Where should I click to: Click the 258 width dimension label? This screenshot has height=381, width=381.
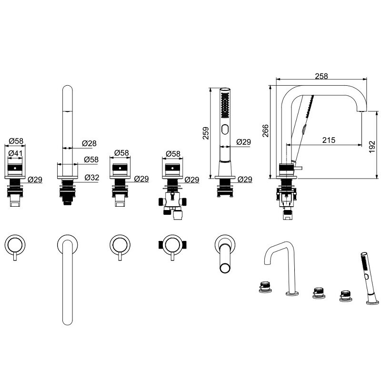click(321, 76)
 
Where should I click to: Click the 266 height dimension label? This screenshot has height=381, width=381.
click(266, 130)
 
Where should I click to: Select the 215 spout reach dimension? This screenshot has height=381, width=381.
click(329, 140)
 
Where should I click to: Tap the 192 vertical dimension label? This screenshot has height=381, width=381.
click(372, 147)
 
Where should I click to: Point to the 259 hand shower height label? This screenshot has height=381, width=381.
click(206, 133)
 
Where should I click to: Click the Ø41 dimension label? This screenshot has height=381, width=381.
click(15, 153)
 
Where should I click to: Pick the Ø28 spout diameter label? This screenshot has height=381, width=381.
click(89, 143)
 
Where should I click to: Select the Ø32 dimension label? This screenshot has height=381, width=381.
click(92, 178)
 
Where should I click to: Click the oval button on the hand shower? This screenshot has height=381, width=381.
click(225, 129)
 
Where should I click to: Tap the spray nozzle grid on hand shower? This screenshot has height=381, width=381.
click(225, 105)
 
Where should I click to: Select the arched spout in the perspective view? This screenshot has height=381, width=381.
click(282, 267)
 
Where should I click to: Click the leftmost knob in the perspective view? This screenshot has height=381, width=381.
click(265, 287)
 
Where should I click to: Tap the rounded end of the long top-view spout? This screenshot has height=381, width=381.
click(68, 321)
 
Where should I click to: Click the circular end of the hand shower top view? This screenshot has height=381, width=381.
click(225, 268)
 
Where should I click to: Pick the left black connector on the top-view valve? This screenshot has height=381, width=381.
click(160, 245)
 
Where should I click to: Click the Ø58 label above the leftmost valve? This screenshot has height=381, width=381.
click(16, 141)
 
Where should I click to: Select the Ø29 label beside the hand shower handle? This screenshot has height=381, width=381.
click(243, 142)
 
